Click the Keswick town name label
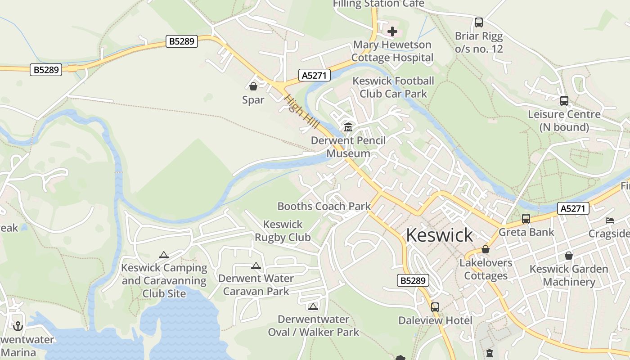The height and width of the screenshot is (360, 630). click(439, 235)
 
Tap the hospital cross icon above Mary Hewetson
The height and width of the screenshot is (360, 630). click(392, 31)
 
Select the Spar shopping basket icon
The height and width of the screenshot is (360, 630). click(253, 86)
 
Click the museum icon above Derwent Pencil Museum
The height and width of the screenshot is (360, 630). click(348, 127)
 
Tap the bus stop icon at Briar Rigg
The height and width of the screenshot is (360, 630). click(479, 22)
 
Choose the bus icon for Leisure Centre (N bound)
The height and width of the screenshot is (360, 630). click(564, 101)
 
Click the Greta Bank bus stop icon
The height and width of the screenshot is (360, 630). click(526, 219)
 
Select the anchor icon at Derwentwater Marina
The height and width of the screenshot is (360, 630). click(18, 326)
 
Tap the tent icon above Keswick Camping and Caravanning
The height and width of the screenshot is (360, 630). click(164, 255)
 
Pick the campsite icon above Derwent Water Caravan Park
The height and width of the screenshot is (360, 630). click(256, 265)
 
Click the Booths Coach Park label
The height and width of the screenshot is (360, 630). click(324, 206)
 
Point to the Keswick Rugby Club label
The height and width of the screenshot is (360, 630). click(283, 230)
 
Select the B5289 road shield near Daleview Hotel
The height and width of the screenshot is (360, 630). click(413, 280)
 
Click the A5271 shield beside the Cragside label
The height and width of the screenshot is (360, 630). click(573, 208)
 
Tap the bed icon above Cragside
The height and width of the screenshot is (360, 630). click(610, 220)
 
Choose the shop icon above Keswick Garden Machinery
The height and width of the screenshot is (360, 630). click(569, 256)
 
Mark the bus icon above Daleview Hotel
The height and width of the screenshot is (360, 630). click(435, 307)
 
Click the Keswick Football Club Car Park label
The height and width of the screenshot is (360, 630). click(393, 87)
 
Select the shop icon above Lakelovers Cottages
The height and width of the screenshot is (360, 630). click(486, 249)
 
